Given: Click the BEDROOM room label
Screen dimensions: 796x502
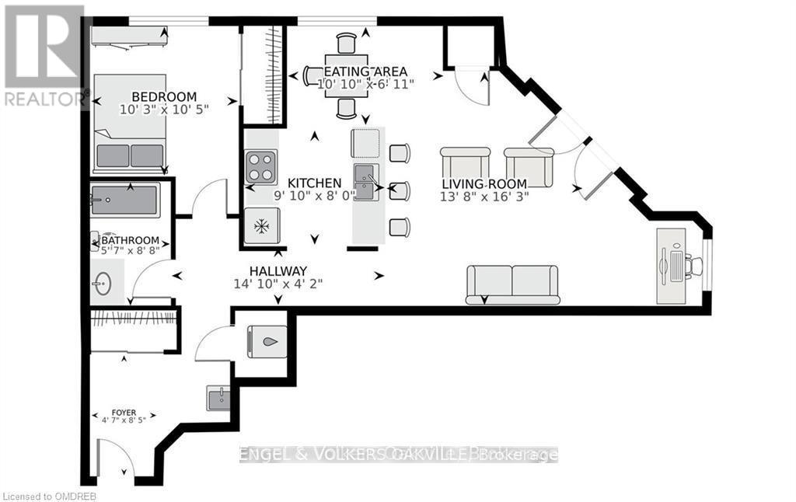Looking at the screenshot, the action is point(164,96).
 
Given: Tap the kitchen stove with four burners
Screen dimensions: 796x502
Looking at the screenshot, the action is point(261,167).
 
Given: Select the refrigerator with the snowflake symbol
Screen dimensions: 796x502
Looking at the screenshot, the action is point(262,225).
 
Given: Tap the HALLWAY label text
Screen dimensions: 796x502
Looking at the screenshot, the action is point(278,270).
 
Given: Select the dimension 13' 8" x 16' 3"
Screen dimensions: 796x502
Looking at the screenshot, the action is point(484,197).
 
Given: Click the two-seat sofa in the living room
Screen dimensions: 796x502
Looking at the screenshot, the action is point(513,284).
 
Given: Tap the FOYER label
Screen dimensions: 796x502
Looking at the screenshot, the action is point(124,413).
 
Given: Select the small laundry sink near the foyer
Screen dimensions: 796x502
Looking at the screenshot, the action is point(218,397).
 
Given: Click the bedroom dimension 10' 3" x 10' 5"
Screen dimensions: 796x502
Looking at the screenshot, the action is point(165,109).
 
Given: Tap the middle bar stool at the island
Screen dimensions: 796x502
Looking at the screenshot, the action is point(400,191).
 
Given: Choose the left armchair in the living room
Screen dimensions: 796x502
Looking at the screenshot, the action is point(466,167).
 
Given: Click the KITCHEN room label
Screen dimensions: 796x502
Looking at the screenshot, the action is point(314,183).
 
